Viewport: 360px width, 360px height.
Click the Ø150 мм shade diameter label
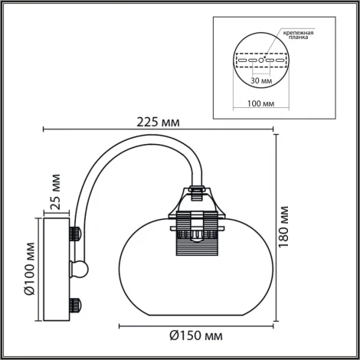(x=196, y=335)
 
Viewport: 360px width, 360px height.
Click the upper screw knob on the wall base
(x=76, y=231)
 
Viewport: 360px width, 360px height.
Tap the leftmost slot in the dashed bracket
(x=240, y=59)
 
